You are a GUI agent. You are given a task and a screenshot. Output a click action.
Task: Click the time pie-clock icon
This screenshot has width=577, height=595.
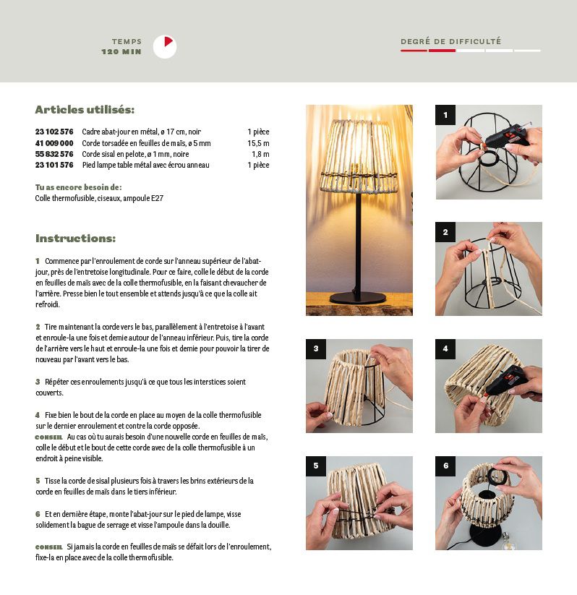[x=165, y=47]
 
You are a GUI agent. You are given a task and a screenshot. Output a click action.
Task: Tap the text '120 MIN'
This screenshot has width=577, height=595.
[x=121, y=51]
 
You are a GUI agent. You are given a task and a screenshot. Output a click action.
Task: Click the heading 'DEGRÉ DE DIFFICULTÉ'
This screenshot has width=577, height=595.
[x=451, y=41]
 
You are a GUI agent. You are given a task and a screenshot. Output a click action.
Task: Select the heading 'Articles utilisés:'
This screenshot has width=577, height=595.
[x=85, y=110]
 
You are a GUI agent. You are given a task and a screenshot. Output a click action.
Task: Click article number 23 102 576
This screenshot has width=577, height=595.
[x=54, y=132]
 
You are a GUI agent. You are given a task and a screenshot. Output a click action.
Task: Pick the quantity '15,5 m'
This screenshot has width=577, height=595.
[x=258, y=143]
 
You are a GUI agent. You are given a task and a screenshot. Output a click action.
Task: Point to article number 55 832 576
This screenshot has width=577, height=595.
[x=54, y=154]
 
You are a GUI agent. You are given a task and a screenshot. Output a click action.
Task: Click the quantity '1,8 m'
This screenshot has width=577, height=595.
[x=260, y=154]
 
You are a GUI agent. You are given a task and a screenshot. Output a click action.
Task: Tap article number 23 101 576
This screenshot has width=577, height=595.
[x=54, y=165]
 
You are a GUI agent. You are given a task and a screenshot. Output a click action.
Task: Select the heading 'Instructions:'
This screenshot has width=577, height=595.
[x=75, y=239]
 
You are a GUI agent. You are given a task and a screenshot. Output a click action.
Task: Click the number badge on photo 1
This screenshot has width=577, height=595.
[x=445, y=115]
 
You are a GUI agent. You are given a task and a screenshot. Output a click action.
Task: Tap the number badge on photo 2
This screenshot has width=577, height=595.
[x=445, y=232]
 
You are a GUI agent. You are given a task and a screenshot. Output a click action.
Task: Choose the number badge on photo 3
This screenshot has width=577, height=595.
[x=316, y=349]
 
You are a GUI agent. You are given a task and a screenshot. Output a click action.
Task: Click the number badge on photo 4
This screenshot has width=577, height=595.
[x=445, y=349]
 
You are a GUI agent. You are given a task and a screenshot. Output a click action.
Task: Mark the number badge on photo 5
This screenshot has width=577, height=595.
[x=316, y=466]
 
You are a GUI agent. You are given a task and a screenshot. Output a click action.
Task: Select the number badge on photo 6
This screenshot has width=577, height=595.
[x=445, y=466]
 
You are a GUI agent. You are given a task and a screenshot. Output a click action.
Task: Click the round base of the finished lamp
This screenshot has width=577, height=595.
[x=358, y=298]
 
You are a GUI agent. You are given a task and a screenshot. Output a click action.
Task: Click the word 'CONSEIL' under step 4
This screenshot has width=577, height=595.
[x=48, y=437]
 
